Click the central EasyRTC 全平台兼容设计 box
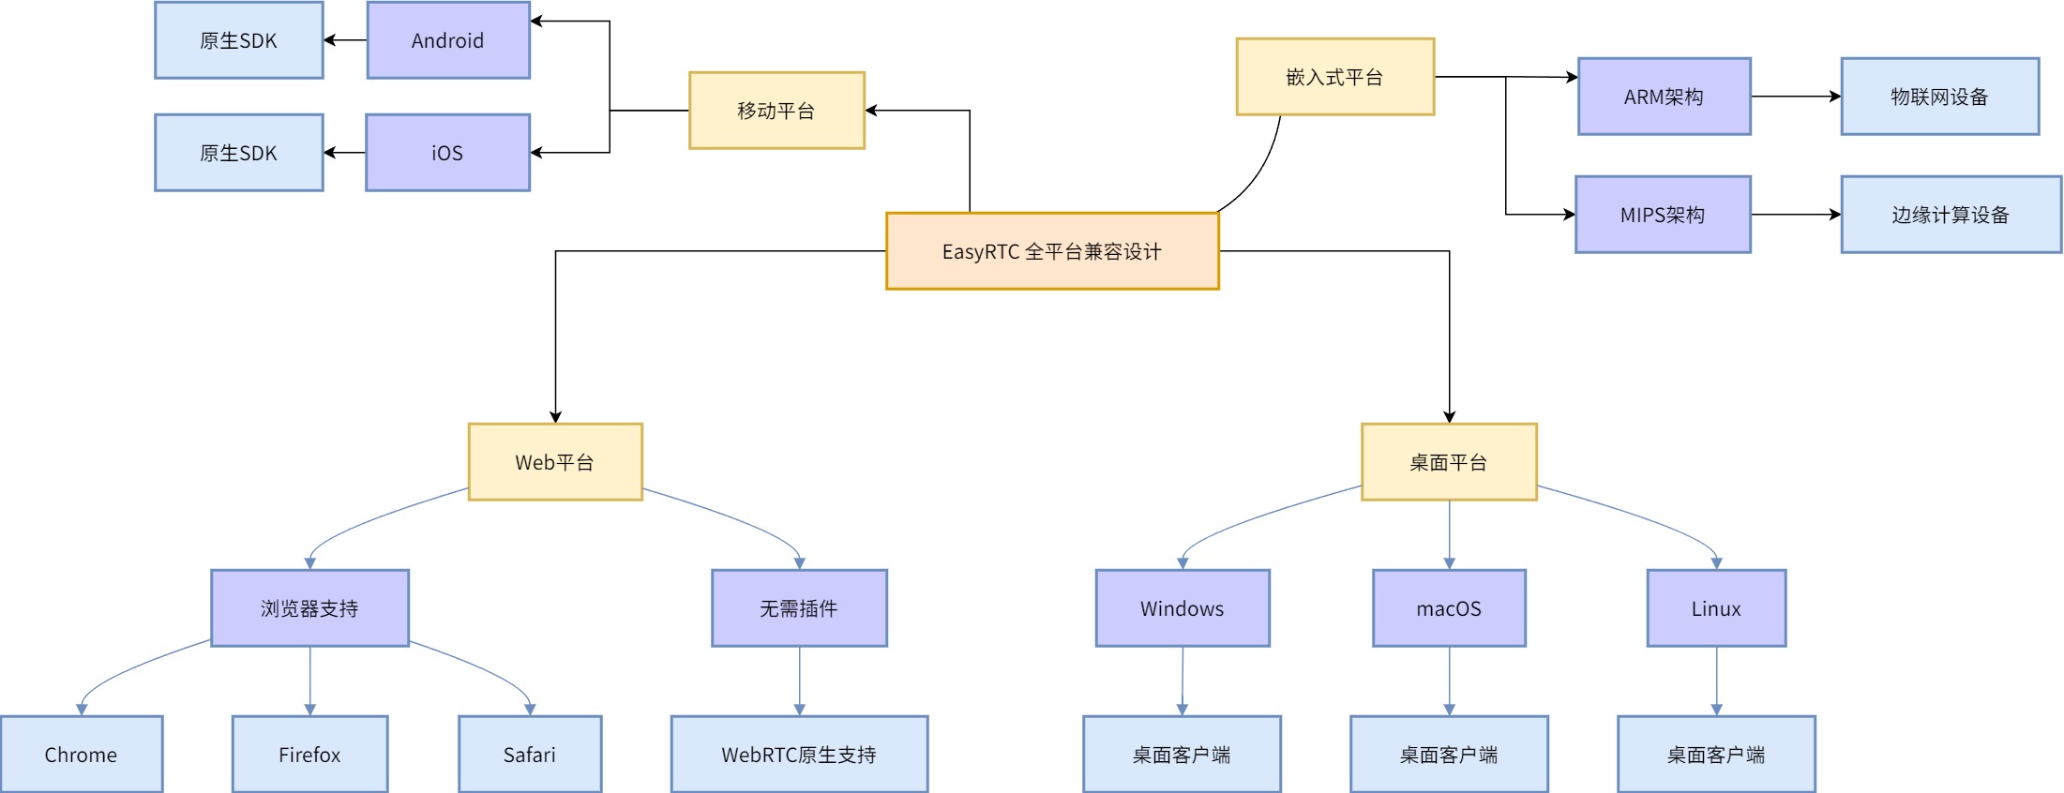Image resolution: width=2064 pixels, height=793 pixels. click(x=1052, y=251)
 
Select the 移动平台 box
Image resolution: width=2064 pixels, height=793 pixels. click(x=776, y=111)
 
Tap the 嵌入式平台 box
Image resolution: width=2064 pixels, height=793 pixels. click(x=1334, y=77)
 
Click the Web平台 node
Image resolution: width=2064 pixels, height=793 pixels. click(x=555, y=462)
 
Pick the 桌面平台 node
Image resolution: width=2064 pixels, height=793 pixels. click(x=1449, y=462)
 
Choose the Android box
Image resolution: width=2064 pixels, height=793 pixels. click(x=448, y=40)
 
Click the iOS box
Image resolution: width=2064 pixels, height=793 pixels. click(x=447, y=153)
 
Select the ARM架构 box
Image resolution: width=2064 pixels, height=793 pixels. click(x=1665, y=97)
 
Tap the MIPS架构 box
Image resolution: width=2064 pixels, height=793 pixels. click(x=1663, y=215)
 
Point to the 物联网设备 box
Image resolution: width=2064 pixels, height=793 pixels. click(x=1939, y=97)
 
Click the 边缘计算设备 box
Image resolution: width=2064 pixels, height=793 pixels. click(x=1951, y=215)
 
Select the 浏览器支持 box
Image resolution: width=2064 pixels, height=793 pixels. click(x=309, y=608)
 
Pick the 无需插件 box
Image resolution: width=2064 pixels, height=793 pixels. click(x=799, y=608)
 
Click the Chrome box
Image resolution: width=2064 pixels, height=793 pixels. click(x=82, y=755)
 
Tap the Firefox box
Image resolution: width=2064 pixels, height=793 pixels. click(x=309, y=755)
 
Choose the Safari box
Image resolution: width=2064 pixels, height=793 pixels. click(x=530, y=755)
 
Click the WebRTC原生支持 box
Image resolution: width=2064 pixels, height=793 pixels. click(x=799, y=755)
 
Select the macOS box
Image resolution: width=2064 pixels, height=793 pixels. click(x=1449, y=608)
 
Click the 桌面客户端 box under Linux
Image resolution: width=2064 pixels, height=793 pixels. click(x=1716, y=755)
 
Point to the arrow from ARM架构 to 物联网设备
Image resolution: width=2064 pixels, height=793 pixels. click(x=1795, y=97)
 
